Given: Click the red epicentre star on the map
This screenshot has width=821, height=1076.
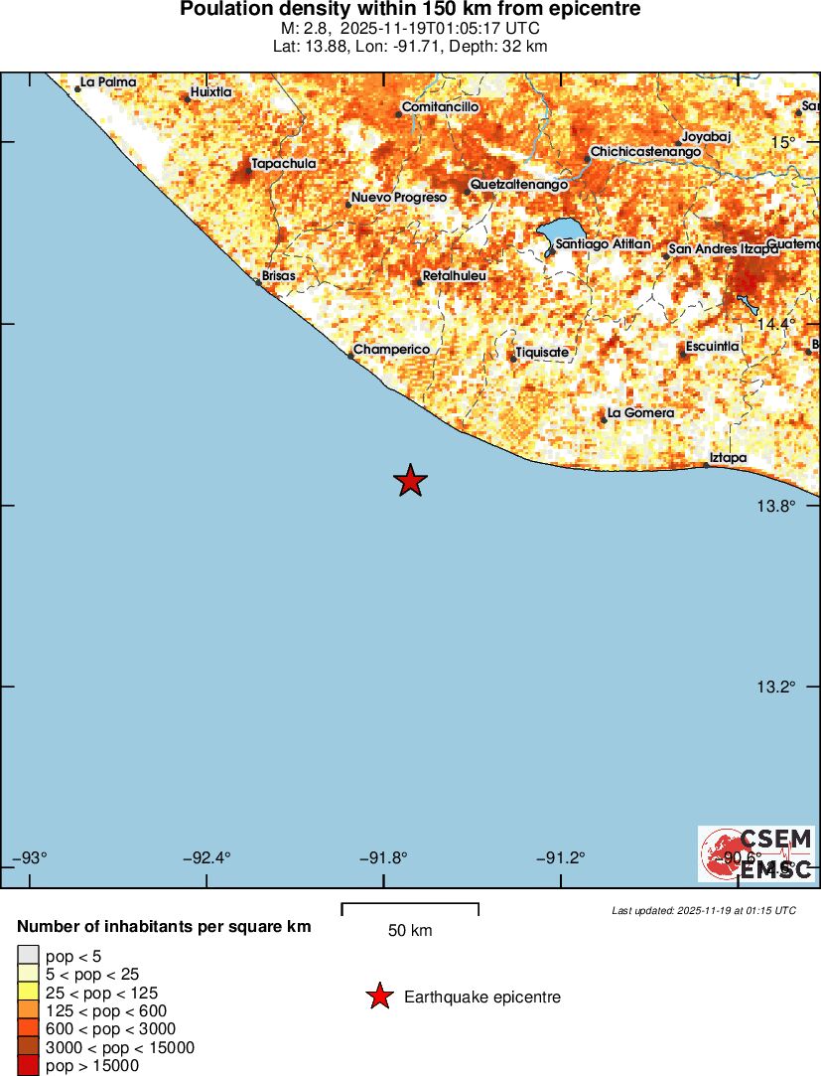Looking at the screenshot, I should point(410,481).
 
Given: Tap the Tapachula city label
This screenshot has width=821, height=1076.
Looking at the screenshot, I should point(284,164).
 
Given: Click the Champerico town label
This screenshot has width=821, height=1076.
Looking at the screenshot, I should point(391,350).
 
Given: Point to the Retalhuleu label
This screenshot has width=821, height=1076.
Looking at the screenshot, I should point(454,275).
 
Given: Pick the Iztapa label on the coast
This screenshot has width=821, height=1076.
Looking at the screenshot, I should point(728,458).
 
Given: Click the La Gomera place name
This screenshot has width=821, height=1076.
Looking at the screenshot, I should point(640,413).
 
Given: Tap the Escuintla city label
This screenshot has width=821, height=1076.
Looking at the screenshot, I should point(712,346).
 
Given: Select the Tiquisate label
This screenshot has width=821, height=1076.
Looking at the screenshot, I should point(542,353).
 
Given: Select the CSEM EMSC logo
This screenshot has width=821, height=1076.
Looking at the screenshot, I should point(756,853).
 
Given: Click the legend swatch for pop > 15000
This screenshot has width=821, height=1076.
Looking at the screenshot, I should point(28,1066).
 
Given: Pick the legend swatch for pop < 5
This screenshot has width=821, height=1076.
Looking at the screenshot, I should point(28,956).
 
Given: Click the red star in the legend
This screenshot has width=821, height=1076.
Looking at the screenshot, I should point(379,997).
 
